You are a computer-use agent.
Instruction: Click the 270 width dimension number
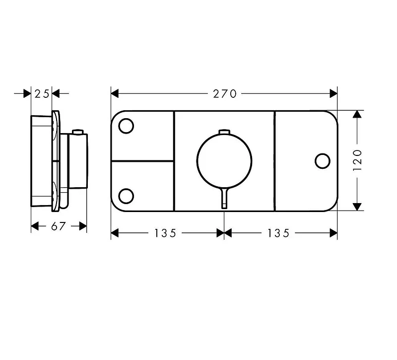pyautogui.click(x=225, y=94)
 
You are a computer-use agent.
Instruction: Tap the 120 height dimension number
pyautogui.click(x=357, y=160)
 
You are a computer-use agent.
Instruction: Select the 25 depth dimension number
pyautogui.click(x=42, y=94)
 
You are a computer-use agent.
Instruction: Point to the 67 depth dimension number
pyautogui.click(x=59, y=226)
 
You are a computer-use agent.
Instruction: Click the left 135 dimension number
pyautogui.click(x=165, y=233)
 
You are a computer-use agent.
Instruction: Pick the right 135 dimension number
pyautogui.click(x=278, y=233)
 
